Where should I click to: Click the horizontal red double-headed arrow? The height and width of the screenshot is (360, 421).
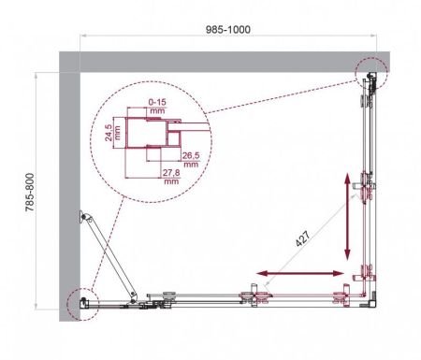298,273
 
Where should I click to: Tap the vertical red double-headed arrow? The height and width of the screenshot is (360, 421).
347,216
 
